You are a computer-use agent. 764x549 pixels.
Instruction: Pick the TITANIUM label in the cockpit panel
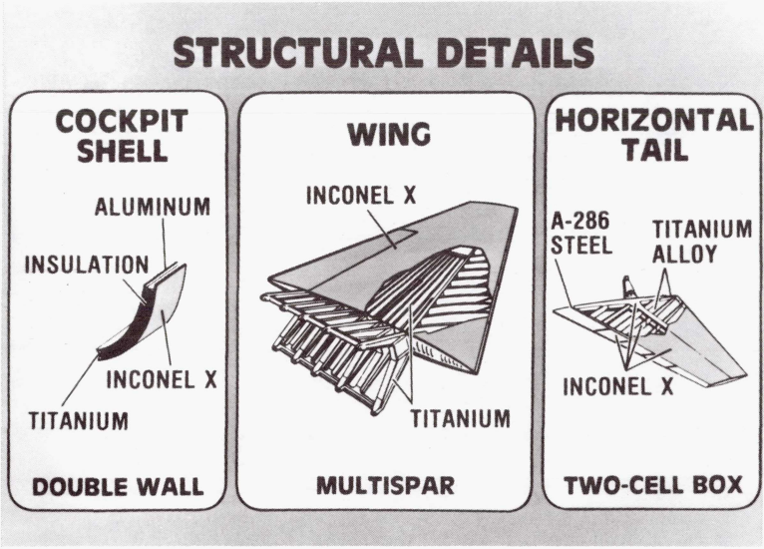point(77,419)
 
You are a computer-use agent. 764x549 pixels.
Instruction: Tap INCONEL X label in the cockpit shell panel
point(161,380)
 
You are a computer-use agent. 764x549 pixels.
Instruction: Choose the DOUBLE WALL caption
point(118,487)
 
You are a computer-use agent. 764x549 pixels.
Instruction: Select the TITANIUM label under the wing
point(460,418)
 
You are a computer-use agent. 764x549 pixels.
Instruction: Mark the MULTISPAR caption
point(385,487)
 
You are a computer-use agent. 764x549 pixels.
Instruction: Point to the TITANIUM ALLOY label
point(701,241)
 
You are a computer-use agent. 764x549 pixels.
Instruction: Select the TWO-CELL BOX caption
point(653,486)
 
